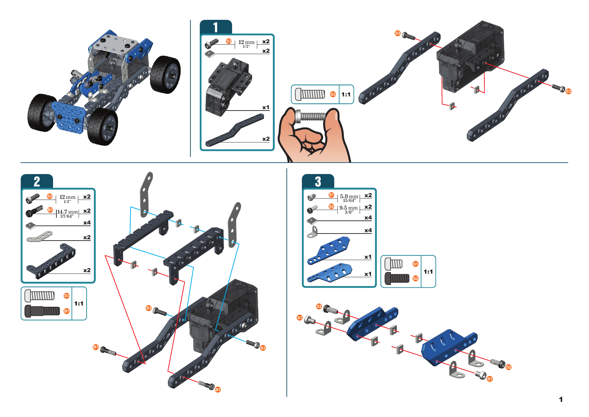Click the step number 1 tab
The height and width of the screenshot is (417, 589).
click(x=216, y=27)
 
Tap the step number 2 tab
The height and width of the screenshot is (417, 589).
click(x=37, y=182)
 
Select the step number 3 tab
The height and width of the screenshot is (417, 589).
click(x=318, y=182)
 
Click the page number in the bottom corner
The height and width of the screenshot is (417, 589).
click(x=560, y=399)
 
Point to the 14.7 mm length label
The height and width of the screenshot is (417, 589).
click(x=67, y=212)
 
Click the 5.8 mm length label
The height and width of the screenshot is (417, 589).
click(x=349, y=197)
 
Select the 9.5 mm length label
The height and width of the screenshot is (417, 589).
click(x=349, y=208)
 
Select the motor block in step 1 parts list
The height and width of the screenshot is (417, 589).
click(x=228, y=87)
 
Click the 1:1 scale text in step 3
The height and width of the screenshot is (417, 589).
click(x=428, y=272)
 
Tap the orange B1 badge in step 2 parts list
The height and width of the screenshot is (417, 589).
click(x=50, y=210)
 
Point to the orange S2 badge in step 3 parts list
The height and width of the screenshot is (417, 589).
click(x=331, y=206)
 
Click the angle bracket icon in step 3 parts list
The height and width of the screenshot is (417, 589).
click(x=312, y=232)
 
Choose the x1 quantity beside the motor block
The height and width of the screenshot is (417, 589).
click(x=266, y=108)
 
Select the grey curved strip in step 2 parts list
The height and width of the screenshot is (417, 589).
click(x=40, y=236)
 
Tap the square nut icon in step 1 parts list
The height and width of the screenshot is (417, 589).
click(x=210, y=54)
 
